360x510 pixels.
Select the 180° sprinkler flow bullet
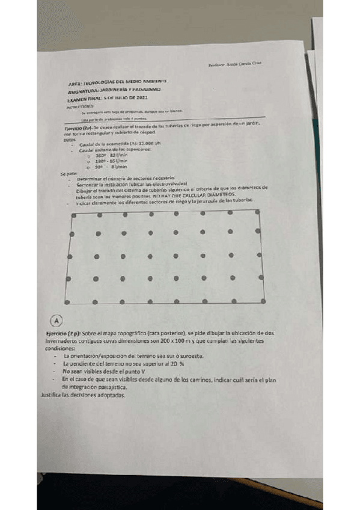pyautogui.click(x=111, y=161)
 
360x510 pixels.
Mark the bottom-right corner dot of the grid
pyautogui.click(x=265, y=300)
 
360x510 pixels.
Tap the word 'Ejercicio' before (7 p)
pyautogui.click(x=58, y=332)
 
